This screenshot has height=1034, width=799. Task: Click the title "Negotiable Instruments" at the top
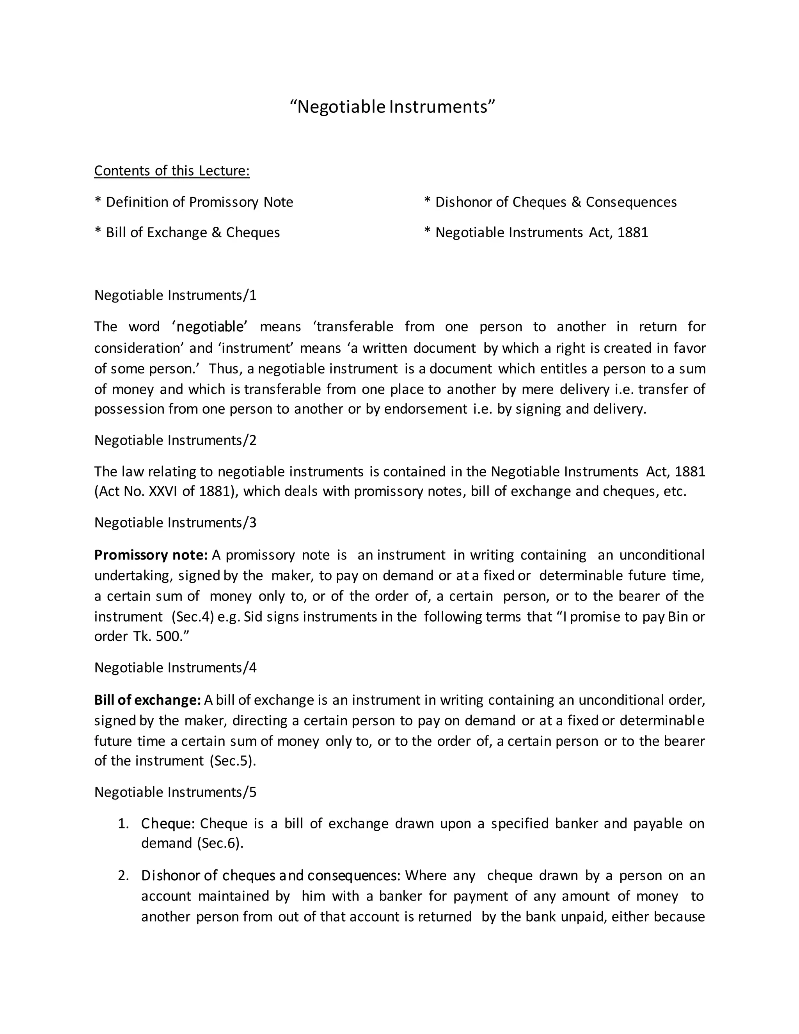coord(392,107)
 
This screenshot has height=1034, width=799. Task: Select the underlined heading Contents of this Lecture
coord(172,171)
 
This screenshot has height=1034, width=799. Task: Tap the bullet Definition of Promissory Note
coord(194,202)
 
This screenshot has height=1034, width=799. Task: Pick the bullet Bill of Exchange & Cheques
coord(187,233)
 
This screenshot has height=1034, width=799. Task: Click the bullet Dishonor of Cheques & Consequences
coord(550,202)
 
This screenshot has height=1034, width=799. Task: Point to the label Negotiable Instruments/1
coord(175,295)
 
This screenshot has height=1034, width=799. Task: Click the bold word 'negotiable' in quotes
coord(210,327)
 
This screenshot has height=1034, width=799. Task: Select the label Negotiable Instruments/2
coord(175,440)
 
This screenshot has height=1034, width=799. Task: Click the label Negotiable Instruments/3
coord(175,523)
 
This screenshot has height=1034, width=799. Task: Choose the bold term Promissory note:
coord(151,555)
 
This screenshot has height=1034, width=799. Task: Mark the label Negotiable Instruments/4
coord(175,668)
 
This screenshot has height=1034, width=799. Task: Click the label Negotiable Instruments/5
coord(175,792)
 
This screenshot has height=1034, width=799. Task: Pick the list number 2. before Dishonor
coord(124,876)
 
